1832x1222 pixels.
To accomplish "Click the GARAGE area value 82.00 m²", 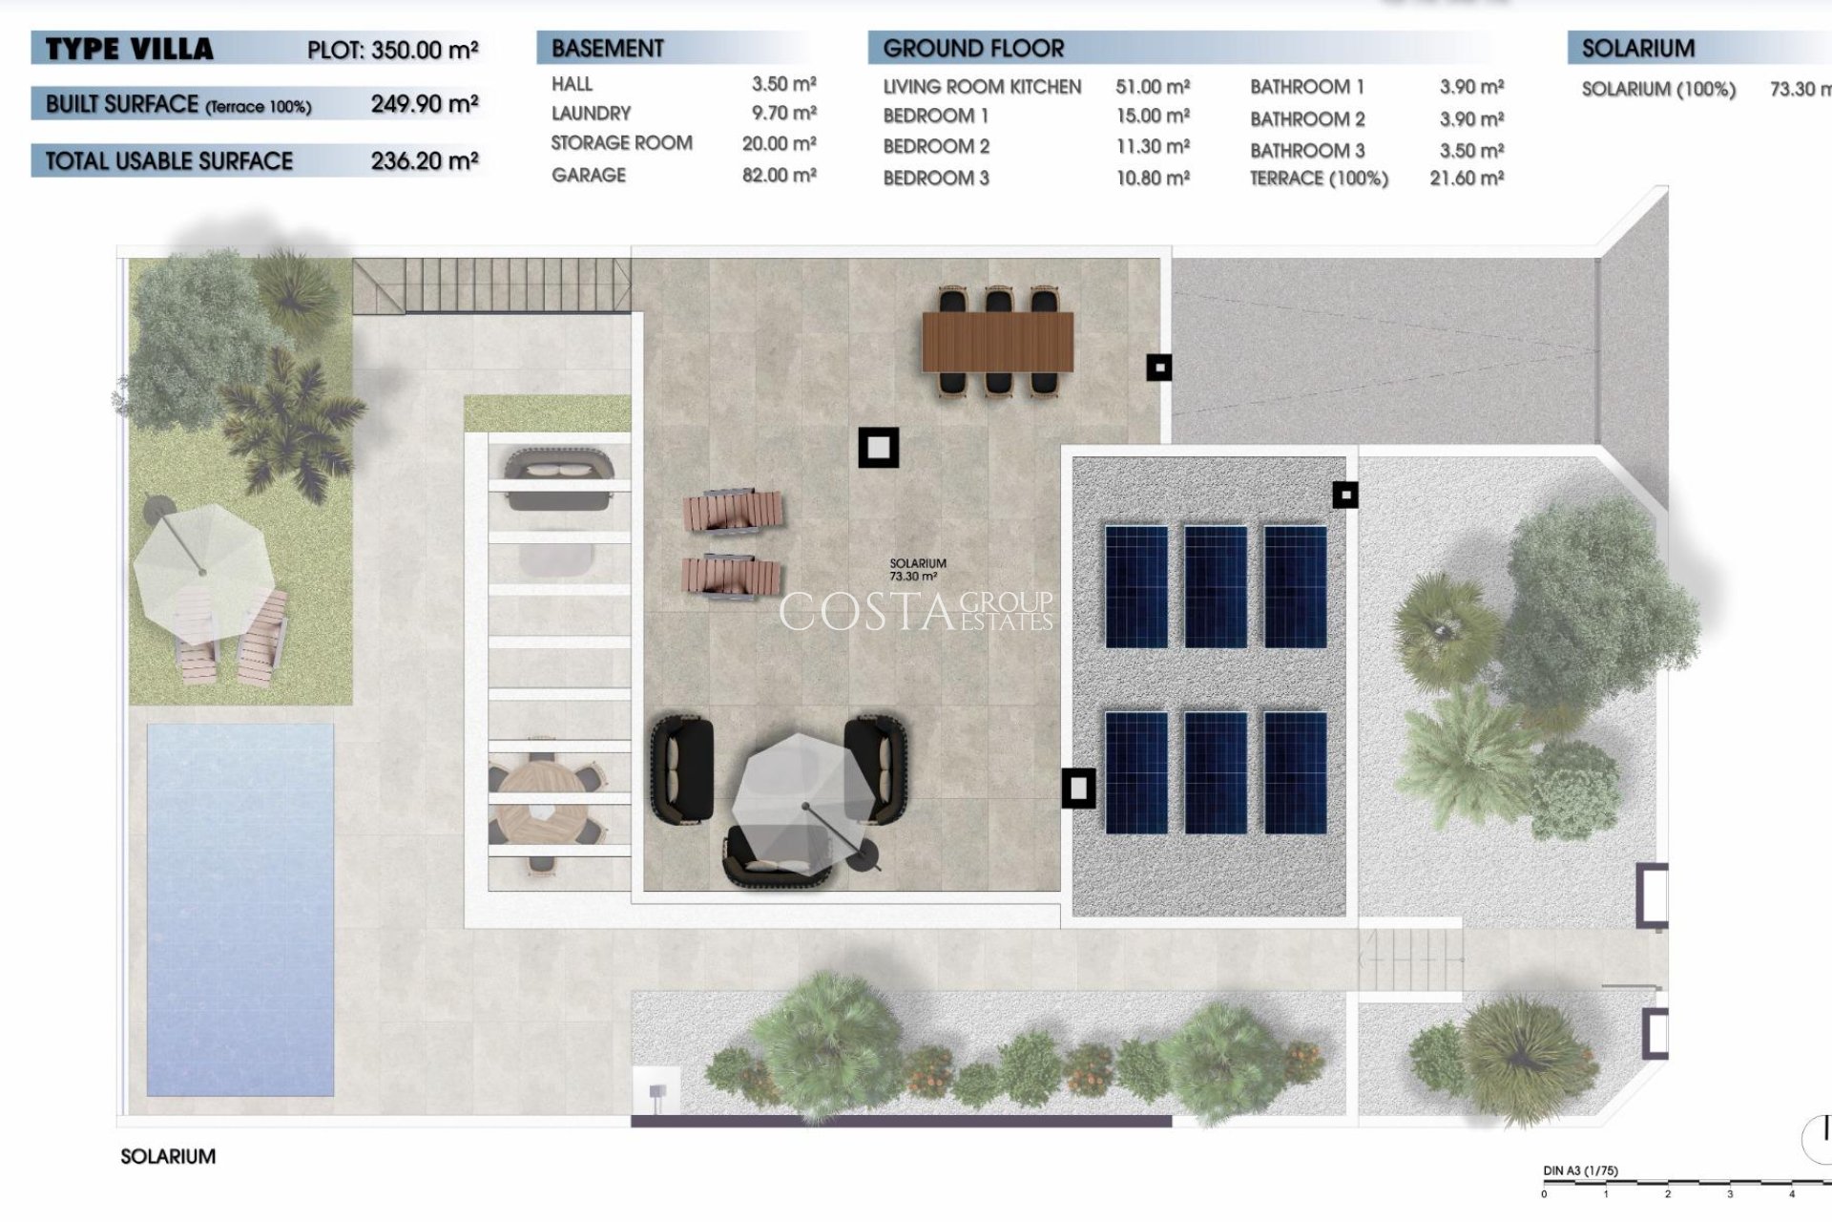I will pyautogui.click(x=779, y=176).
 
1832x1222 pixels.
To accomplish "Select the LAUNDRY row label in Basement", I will pyautogui.click(x=591, y=114).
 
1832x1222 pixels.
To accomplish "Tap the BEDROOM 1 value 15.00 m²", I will pyautogui.click(x=1153, y=116).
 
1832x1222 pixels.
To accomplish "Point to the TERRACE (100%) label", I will pyautogui.click(x=1319, y=179).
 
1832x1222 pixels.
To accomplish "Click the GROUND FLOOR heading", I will pyautogui.click(x=973, y=49).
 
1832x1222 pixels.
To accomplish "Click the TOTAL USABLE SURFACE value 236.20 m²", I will pyautogui.click(x=425, y=161).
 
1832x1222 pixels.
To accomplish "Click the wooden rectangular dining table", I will pyautogui.click(x=997, y=342).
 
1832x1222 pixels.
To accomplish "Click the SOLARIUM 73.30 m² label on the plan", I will pyautogui.click(x=918, y=570).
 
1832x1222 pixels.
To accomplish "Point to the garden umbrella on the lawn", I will pyautogui.click(x=202, y=571).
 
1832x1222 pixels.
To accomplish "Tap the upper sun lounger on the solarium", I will pyautogui.click(x=733, y=511).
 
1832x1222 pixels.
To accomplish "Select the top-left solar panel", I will pyautogui.click(x=1135, y=587).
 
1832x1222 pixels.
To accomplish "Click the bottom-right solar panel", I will pyautogui.click(x=1295, y=771).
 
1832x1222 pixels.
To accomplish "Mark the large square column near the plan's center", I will pyautogui.click(x=878, y=447).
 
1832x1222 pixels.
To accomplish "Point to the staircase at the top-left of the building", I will pyautogui.click(x=491, y=284).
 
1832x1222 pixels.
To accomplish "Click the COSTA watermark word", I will pyautogui.click(x=866, y=612).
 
